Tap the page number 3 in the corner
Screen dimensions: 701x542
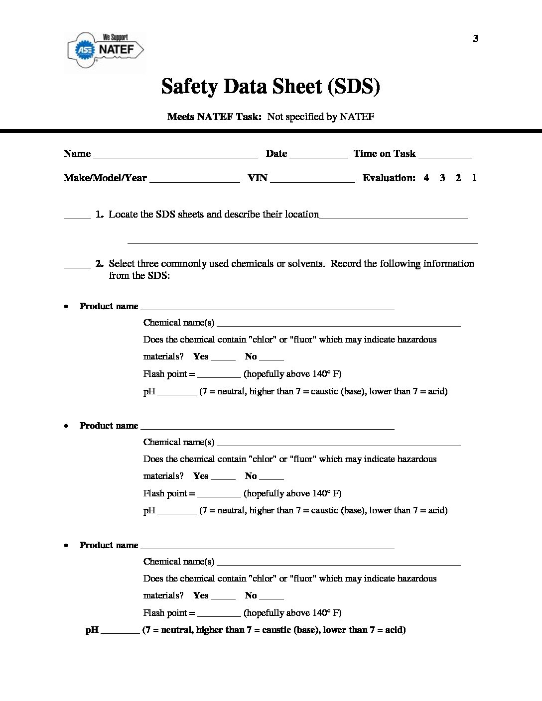(475, 39)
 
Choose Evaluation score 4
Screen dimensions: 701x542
(426, 178)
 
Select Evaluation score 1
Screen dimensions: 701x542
(474, 178)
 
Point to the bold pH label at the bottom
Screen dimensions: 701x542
(92, 630)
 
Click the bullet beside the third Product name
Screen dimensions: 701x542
(66, 546)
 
